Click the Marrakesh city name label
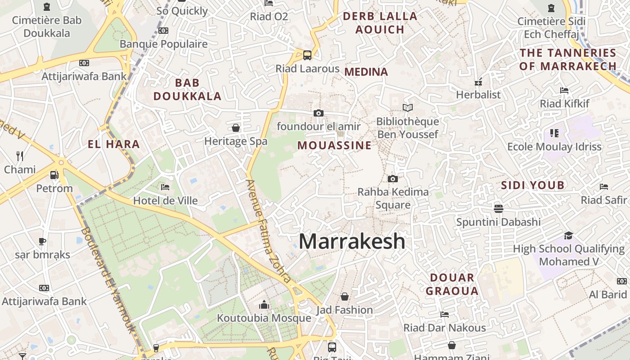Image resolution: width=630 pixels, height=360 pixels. [352, 242]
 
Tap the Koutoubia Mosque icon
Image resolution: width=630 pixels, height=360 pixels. [264, 305]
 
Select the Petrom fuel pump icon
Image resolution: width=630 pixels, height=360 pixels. [54, 175]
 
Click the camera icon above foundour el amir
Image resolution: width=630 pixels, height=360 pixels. [319, 113]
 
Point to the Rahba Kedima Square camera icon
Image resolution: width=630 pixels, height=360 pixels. [393, 179]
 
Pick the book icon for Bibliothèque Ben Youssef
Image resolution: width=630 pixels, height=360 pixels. [408, 108]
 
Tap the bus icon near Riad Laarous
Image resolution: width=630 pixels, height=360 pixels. [307, 55]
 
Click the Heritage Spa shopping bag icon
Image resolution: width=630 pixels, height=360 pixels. [236, 128]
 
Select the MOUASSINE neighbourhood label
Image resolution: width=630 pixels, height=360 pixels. [334, 145]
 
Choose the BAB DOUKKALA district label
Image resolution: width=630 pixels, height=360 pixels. [187, 89]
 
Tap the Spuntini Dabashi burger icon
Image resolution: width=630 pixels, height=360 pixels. [498, 208]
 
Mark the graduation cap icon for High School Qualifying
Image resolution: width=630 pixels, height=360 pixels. [569, 235]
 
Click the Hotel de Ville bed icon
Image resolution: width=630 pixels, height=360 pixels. [165, 187]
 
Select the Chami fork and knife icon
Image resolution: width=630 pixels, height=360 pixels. [20, 156]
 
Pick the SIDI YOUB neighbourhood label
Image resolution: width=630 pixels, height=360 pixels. [533, 185]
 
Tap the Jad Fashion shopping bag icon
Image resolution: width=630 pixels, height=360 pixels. [345, 297]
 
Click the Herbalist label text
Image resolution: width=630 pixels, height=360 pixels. [478, 94]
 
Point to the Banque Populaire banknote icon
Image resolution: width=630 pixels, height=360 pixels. [163, 31]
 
